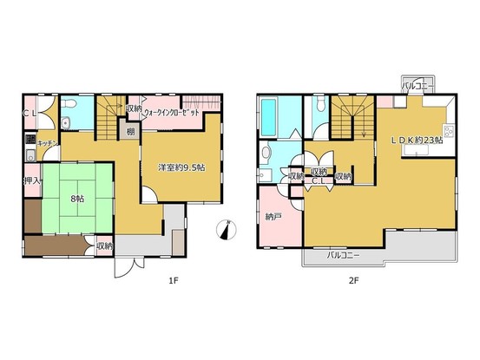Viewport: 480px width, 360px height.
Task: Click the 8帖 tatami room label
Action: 77,199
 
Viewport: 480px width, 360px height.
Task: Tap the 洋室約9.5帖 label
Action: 181,167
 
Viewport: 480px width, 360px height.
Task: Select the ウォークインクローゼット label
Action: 172,113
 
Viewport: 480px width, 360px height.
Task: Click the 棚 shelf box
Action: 131,132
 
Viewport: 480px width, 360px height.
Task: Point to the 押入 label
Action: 33,180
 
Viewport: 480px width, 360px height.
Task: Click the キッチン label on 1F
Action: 48,143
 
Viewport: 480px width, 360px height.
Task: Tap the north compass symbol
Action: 227,229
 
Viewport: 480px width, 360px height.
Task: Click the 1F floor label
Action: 174,280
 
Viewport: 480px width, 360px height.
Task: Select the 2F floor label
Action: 353,280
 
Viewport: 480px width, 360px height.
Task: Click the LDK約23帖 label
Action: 418,141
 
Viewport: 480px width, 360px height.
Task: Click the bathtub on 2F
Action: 268,118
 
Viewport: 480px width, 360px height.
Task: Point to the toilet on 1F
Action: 69,103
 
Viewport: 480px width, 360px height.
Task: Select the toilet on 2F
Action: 321,104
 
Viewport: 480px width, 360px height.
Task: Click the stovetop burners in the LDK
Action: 448,132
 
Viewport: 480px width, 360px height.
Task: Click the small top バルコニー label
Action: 418,86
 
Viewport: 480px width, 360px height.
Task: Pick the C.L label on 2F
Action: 319,181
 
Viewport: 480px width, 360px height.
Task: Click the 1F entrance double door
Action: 129,267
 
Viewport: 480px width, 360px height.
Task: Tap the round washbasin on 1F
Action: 65,123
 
